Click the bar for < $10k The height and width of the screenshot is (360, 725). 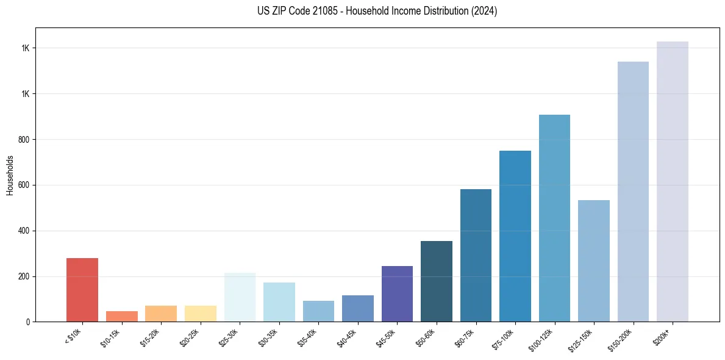click(x=82, y=290)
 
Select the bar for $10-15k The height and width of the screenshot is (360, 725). click(x=121, y=316)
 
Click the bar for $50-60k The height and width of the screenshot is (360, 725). click(x=437, y=281)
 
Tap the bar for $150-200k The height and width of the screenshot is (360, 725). click(x=633, y=192)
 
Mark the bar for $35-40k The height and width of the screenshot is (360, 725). click(x=318, y=311)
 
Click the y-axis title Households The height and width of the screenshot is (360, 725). click(x=10, y=175)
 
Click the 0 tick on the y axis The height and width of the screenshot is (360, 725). click(x=28, y=322)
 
